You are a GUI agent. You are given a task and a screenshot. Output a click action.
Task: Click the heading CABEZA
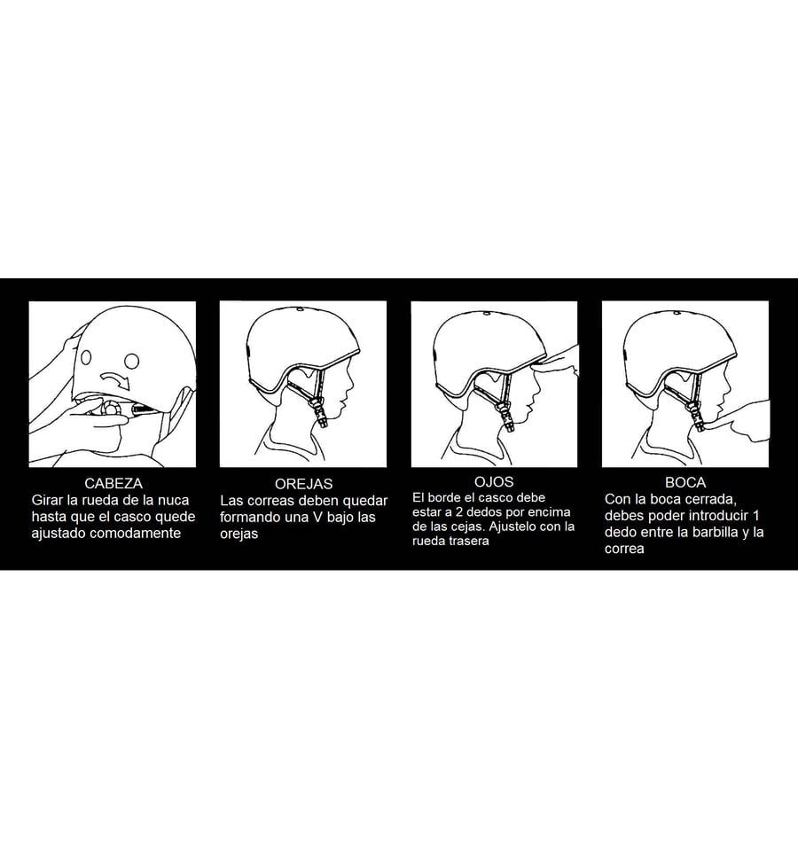tap(113, 483)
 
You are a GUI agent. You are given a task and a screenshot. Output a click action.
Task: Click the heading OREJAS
tap(303, 484)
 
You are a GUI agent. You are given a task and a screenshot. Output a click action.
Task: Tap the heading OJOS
tap(494, 481)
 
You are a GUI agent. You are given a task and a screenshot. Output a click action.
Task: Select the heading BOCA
tap(685, 482)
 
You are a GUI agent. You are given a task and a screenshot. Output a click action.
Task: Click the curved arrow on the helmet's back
tap(116, 378)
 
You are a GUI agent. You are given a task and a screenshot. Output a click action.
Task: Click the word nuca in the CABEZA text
tap(173, 500)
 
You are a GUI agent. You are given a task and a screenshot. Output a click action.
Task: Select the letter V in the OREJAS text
tap(317, 517)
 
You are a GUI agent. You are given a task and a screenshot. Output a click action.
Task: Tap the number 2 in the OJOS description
tap(459, 511)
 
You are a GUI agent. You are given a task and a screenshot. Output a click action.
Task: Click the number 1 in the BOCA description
tap(756, 515)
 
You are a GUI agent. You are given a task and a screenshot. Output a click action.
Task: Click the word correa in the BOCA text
tap(624, 549)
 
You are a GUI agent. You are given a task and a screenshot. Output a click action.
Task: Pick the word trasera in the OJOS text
tap(471, 541)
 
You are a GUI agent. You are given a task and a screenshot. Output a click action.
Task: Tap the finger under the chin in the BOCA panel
tap(738, 421)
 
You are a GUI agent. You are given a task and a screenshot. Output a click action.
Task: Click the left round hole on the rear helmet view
tap(86, 358)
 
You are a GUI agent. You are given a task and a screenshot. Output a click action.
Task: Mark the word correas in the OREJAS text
tap(265, 501)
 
